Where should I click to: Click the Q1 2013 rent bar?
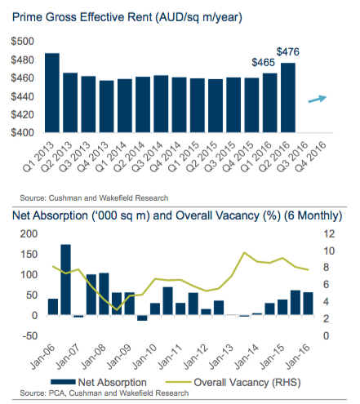[x=52, y=93]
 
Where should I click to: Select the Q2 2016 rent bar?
[x=288, y=98]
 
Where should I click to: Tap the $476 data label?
[x=288, y=51]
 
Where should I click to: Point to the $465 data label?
[x=264, y=63]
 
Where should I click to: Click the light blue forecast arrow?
[x=318, y=99]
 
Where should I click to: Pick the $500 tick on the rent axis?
[x=22, y=42]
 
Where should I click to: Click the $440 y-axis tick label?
[x=22, y=96]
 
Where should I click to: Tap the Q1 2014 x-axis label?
[x=111, y=156]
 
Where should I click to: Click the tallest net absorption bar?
[x=65, y=280]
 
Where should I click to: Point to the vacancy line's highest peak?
[x=244, y=252]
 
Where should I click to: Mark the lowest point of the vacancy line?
[x=117, y=310]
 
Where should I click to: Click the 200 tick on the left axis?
[x=29, y=234]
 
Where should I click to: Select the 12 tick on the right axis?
[x=329, y=234]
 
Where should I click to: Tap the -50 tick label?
[x=30, y=336]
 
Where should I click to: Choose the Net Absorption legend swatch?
[x=63, y=382]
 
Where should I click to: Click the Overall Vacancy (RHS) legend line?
[x=178, y=382]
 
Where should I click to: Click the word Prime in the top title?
[x=28, y=17]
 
